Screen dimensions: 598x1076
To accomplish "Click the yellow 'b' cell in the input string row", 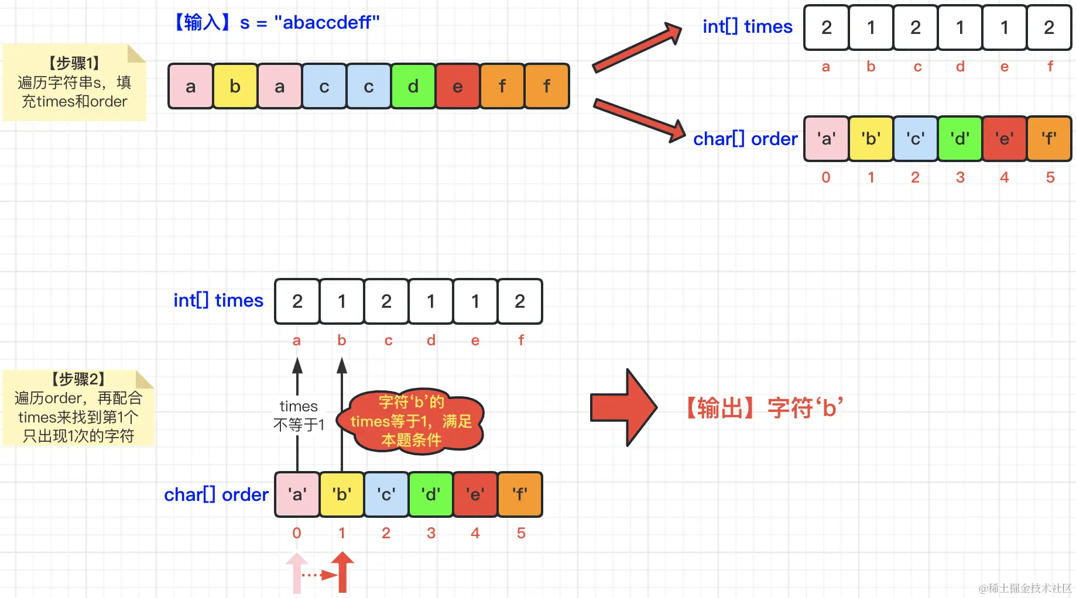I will (235, 87).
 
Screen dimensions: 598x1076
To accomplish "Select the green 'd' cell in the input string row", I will (413, 87).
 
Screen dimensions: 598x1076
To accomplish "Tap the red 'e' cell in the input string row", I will (458, 87).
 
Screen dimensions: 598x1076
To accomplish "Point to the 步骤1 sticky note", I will (74, 83).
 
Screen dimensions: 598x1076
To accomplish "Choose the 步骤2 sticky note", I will (78, 408).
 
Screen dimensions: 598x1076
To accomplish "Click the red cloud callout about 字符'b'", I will (412, 421).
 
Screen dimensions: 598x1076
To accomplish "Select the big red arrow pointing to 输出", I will (623, 408).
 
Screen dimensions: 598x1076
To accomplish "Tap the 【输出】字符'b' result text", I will (764, 408).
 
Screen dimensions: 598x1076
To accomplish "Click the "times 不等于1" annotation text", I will (299, 415).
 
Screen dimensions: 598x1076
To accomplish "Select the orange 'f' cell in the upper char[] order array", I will (1049, 139).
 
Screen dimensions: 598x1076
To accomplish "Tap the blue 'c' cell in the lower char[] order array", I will (386, 494).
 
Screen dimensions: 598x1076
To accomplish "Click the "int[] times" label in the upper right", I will (748, 26).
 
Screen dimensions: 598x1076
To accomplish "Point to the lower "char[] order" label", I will (216, 494).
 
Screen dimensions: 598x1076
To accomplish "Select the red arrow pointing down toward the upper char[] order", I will (639, 121).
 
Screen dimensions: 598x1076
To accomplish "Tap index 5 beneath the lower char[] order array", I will (521, 533).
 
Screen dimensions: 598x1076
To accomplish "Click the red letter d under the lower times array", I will (431, 341).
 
